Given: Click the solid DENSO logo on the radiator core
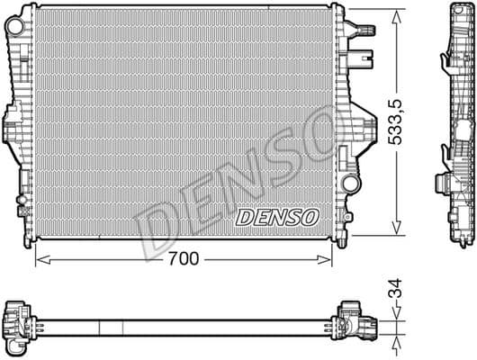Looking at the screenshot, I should point(276,217).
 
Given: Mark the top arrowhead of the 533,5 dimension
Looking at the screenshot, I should point(397,13).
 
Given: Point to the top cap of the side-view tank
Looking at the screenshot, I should point(454,11).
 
